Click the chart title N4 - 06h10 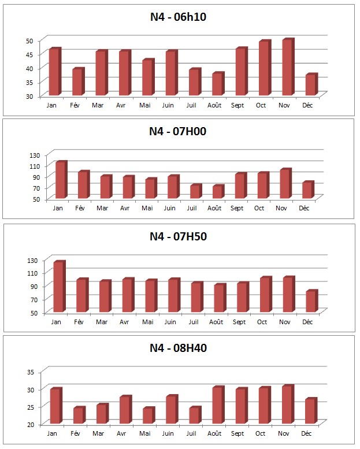coord(178,17)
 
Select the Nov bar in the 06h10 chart coord(287,68)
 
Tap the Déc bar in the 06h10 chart coord(310,85)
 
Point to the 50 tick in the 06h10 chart coord(29,40)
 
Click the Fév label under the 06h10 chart coord(74,106)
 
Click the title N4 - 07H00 coord(178,131)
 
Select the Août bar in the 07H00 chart coord(217,192)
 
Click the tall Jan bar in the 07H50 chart coord(58,287)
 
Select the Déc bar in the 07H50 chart coord(310,301)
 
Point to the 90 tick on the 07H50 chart coord(31,286)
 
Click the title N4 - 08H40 coord(178,348)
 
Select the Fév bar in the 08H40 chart coord(79,416)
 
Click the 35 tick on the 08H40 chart coord(31,372)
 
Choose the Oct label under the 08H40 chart coord(261,433)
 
